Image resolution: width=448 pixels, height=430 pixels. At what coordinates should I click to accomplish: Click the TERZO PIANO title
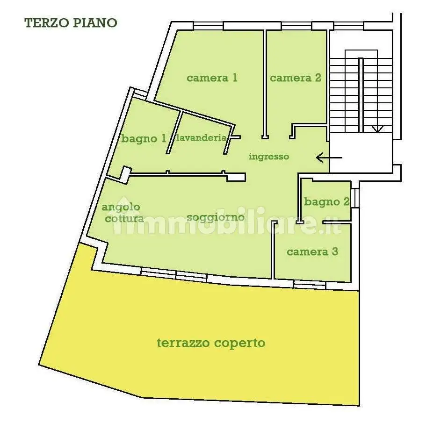click(71, 23)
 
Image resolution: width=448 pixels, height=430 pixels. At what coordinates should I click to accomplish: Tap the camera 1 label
click(212, 78)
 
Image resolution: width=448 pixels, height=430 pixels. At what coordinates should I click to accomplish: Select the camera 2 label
click(296, 78)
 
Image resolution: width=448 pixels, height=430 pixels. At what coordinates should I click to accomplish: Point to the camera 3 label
click(312, 252)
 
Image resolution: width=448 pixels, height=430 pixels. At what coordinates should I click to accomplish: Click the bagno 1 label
click(144, 138)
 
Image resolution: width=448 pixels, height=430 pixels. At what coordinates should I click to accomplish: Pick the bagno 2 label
click(327, 202)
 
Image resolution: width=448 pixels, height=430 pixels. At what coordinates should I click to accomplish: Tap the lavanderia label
click(201, 138)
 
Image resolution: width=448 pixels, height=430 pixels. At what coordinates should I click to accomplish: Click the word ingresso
click(269, 157)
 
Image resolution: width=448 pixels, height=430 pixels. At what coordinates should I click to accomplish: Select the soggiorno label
click(216, 217)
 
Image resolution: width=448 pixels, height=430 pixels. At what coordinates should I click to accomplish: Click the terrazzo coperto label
click(211, 343)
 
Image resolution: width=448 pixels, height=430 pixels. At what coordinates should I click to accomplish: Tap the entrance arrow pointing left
click(329, 158)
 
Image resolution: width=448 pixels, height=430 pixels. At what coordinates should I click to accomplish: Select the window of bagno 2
click(355, 198)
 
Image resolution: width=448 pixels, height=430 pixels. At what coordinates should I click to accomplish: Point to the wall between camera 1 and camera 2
click(265, 84)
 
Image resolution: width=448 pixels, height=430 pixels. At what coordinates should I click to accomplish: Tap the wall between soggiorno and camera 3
click(273, 250)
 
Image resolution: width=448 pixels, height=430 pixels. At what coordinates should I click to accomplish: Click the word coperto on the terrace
click(239, 343)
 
